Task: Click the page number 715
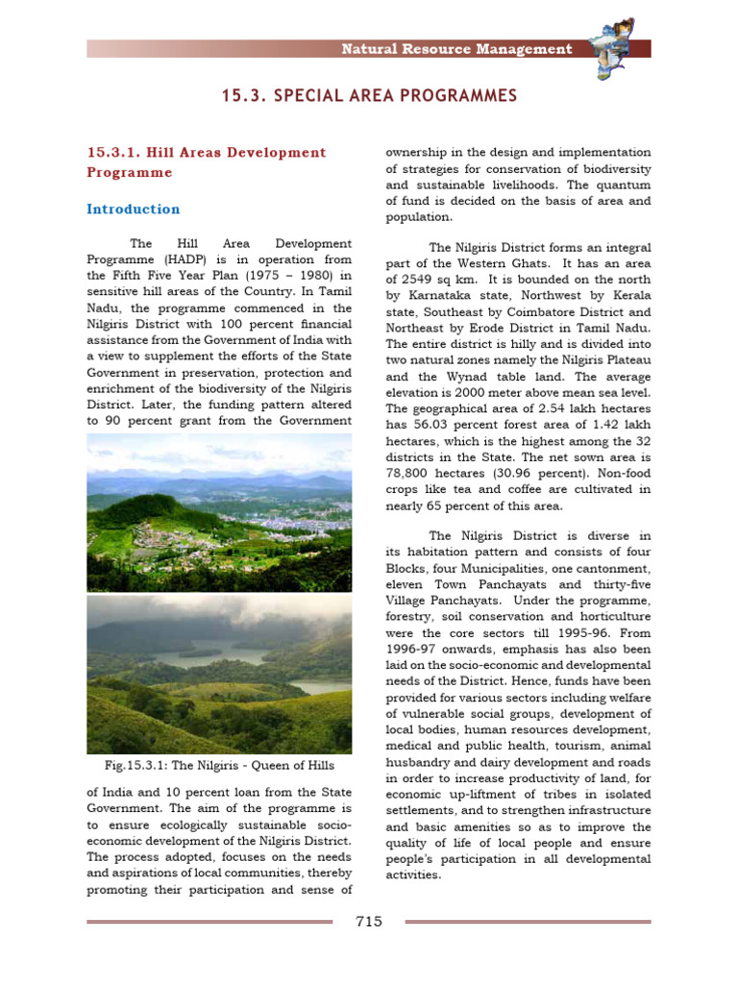[369, 922]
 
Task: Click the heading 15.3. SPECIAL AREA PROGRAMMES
[369, 96]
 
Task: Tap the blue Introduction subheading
[134, 209]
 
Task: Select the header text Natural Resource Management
[456, 49]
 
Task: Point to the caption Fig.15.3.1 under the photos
[219, 765]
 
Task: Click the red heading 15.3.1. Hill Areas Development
[207, 153]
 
